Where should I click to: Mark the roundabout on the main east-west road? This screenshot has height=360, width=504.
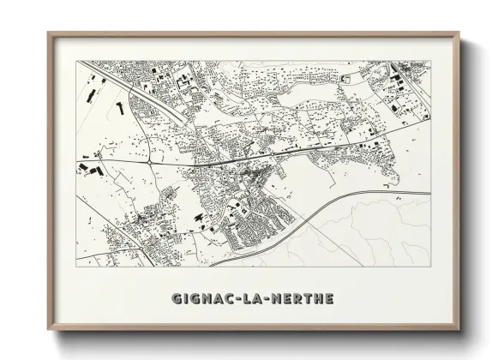[x=149, y=161]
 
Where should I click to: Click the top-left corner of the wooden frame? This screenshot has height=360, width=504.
[x=48, y=33]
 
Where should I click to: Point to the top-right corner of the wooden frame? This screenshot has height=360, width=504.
[x=460, y=33]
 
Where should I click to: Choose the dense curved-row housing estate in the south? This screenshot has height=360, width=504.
[x=253, y=214]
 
